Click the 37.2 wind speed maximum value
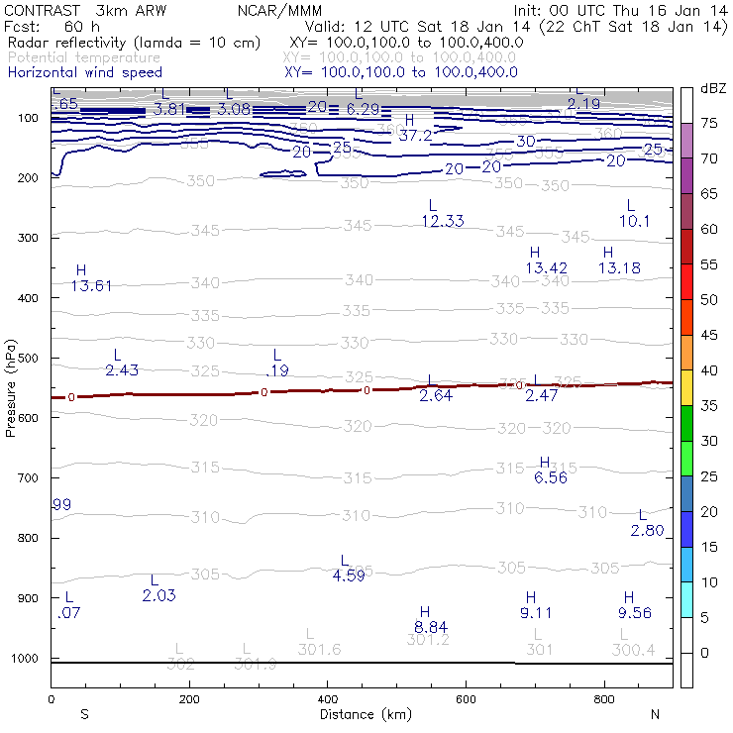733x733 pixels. point(415,135)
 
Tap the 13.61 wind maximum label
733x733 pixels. point(91,285)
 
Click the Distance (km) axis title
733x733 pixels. point(361,713)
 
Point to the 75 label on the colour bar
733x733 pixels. point(708,123)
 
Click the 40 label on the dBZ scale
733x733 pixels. point(708,370)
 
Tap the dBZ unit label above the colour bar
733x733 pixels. point(712,89)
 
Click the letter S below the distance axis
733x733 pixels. point(85,713)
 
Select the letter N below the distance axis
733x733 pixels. point(655,713)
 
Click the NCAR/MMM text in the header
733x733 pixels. point(279,10)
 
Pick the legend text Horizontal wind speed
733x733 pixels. point(84,72)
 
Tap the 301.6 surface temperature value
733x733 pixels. point(319,649)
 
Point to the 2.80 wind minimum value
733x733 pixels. point(647,530)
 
